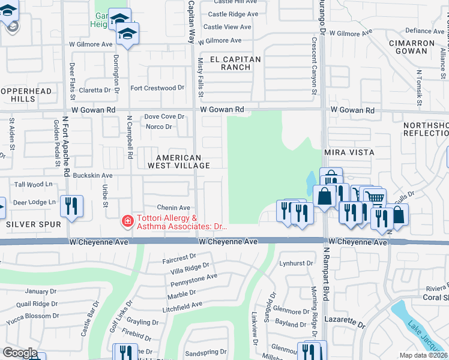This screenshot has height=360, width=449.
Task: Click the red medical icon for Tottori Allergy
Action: tap(127, 221)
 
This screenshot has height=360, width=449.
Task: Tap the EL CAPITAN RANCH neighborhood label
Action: tap(235, 63)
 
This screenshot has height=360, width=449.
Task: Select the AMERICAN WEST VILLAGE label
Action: tap(182, 161)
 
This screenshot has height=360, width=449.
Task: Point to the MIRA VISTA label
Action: tap(349, 152)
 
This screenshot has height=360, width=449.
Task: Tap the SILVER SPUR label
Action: tap(34, 224)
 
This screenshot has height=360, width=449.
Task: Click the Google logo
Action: tap(20, 353)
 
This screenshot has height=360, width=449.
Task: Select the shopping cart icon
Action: tap(375, 197)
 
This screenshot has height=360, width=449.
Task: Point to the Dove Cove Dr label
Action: tap(164, 116)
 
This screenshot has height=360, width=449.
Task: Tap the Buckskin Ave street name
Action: tap(92, 175)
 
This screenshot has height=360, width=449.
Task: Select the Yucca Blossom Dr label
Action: tap(30, 316)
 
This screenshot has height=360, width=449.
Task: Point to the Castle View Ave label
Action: tap(227, 27)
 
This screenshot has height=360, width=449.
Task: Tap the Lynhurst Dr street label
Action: tap(297, 263)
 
